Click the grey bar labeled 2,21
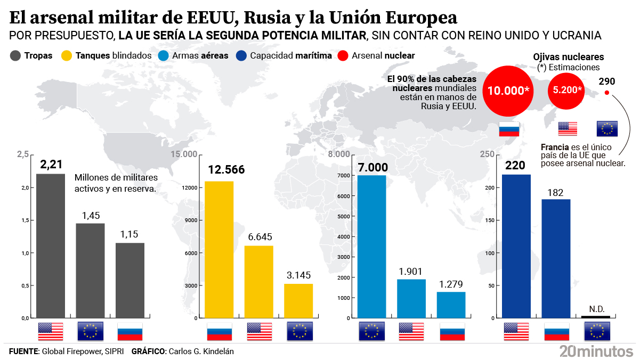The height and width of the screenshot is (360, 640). click(x=51, y=246)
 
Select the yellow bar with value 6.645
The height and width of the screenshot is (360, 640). click(x=259, y=282)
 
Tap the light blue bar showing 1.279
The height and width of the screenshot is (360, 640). click(x=451, y=305)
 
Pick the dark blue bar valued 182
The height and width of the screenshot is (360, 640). click(x=556, y=258)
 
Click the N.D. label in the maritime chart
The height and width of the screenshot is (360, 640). click(x=596, y=309)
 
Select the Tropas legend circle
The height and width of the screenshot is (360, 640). click(x=15, y=55)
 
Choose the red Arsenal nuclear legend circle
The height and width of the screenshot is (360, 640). click(x=343, y=55)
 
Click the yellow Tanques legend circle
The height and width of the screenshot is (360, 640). click(x=67, y=55)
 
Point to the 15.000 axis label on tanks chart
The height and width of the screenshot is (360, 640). click(x=183, y=154)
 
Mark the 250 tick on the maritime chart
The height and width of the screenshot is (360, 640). click(x=487, y=154)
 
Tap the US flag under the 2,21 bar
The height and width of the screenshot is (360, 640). click(x=51, y=331)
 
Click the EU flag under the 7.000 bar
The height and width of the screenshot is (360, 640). click(x=372, y=331)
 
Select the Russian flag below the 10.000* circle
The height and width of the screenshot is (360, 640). click(x=508, y=128)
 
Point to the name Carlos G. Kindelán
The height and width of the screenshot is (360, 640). click(x=201, y=351)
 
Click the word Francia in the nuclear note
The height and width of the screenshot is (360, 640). click(x=555, y=147)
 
